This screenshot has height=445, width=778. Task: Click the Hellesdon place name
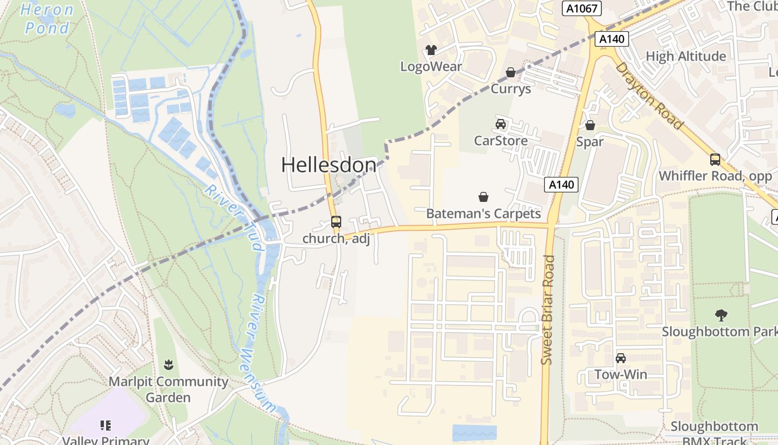coord(328,165)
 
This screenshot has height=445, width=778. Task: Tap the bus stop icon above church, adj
coord(336,222)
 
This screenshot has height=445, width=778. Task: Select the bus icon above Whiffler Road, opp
coord(715,160)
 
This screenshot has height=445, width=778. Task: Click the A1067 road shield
coord(581,8)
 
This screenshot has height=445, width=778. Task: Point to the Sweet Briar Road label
coord(547,310)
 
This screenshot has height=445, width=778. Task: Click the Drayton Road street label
coord(649,95)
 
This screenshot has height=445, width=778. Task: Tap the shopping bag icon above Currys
coord(510,73)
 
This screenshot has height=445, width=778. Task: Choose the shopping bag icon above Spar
coord(590,126)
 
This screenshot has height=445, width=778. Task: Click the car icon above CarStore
coord(501,124)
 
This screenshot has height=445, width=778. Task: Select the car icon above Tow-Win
coord(621,358)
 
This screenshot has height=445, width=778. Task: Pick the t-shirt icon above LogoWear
coord(431,50)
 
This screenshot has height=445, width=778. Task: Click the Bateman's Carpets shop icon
coord(483,197)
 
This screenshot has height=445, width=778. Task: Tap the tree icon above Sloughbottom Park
coord(721,315)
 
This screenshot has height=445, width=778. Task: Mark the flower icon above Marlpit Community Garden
coord(168,365)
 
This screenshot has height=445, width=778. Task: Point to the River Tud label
coord(233,217)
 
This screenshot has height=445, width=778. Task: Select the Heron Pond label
coord(48,19)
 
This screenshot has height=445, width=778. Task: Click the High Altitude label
coord(686,56)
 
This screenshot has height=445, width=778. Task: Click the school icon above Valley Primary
coord(106,426)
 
